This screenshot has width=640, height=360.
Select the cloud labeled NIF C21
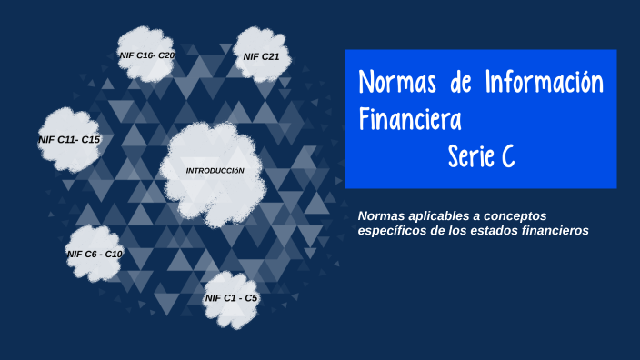pos(261,56)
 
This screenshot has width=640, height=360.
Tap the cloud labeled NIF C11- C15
pos(69,139)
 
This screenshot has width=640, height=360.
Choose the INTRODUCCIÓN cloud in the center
pos(215,171)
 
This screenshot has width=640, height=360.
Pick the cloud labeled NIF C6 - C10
pos(95,254)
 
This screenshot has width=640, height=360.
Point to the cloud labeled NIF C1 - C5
pos(232,298)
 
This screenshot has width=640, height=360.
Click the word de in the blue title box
pos(462,83)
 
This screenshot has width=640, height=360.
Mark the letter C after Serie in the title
pos(507,156)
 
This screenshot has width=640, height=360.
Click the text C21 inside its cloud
pos(270,56)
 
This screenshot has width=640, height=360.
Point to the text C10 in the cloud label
pos(114,254)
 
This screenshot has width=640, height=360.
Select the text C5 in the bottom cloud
pos(250,298)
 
